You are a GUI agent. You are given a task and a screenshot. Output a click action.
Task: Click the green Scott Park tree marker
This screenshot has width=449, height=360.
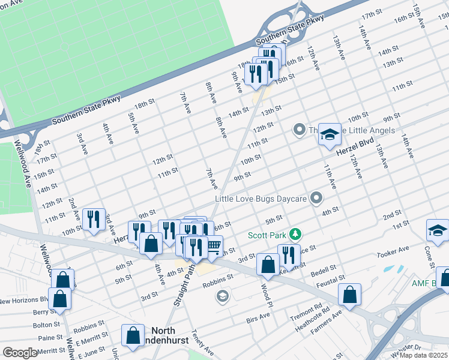pyautogui.click(x=295, y=233)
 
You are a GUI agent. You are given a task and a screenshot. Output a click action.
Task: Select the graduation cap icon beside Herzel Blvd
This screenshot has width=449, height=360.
pyautogui.click(x=330, y=136)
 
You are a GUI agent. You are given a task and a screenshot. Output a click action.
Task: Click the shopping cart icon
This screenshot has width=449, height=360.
pyautogui.click(x=212, y=245)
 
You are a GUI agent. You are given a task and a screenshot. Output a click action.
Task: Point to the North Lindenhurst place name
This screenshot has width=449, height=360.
pyautogui.click(x=172, y=335)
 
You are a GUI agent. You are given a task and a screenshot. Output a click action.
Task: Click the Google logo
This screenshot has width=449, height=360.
pyautogui.click(x=20, y=353)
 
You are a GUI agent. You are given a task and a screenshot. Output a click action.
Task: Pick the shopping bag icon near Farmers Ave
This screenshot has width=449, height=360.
pyautogui.click(x=349, y=295)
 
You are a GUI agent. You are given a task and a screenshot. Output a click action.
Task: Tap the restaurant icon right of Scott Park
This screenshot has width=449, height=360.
pyautogui.click(x=288, y=256)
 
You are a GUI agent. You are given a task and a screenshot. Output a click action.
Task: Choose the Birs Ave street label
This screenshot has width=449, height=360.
pyautogui.click(x=258, y=317)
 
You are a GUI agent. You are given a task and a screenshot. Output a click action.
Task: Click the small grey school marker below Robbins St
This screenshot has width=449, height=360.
pyautogui.click(x=223, y=296)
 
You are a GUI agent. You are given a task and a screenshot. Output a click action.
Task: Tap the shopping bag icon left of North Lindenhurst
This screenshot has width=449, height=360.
pyautogui.click(x=133, y=336)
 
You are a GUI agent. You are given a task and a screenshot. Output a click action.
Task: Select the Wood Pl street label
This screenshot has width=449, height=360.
pyautogui.click(x=265, y=295)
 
